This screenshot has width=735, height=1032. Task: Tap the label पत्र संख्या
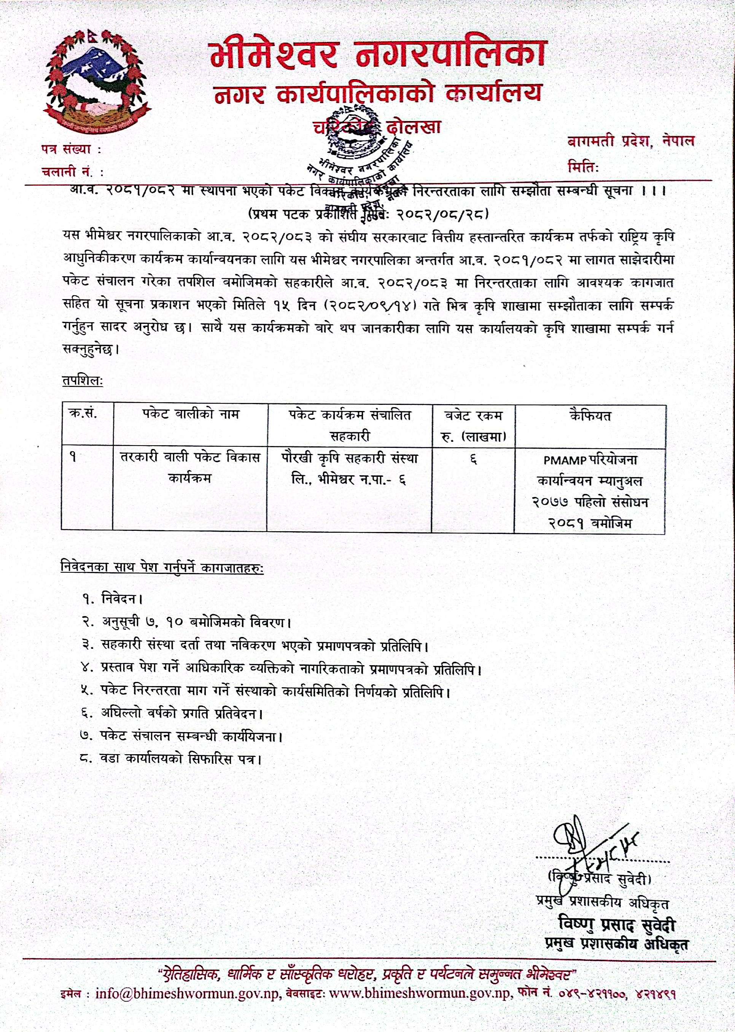[x=70, y=149]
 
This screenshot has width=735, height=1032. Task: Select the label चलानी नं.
[x=72, y=172]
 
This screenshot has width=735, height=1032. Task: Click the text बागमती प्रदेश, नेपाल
[x=630, y=142]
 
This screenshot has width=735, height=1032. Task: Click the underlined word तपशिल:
[x=83, y=381]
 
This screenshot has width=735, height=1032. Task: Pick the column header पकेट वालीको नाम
[x=190, y=414]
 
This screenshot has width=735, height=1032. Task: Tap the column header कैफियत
[x=590, y=415]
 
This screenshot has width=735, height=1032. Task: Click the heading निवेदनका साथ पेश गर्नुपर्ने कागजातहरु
[x=162, y=567]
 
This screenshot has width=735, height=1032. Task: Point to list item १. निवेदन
[x=113, y=599]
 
